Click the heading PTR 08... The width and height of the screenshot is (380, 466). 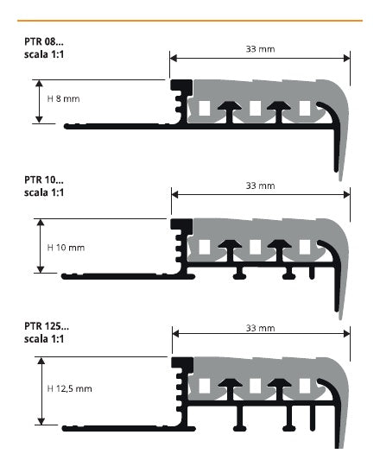coord(44,41)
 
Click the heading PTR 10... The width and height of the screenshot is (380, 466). coord(44,179)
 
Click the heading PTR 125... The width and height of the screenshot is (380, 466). coord(47,326)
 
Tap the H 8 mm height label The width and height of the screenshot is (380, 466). coord(63,98)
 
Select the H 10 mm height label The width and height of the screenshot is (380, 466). coord(66,248)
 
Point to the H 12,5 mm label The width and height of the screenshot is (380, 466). coord(69,388)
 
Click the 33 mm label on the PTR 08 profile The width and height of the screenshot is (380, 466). coord(260,49)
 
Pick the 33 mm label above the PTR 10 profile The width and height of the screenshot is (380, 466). coord(260,186)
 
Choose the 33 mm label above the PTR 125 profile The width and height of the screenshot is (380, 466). coord(260,328)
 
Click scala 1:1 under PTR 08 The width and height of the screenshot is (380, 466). coord(44,54)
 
